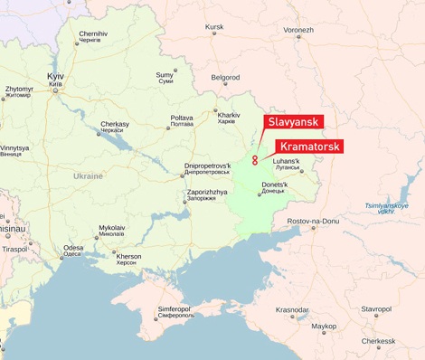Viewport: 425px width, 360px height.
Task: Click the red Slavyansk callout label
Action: [293, 122]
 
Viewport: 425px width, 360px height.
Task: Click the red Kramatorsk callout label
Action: [308, 146]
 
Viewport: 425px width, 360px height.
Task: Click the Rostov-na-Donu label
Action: [312, 222]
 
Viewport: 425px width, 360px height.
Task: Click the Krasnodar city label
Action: [292, 309]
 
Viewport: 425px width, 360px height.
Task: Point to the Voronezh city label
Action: [298, 30]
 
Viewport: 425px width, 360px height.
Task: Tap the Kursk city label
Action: [214, 27]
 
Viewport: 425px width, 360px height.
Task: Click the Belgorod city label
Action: [225, 78]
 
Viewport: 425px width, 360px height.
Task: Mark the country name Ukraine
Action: [88, 175]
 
